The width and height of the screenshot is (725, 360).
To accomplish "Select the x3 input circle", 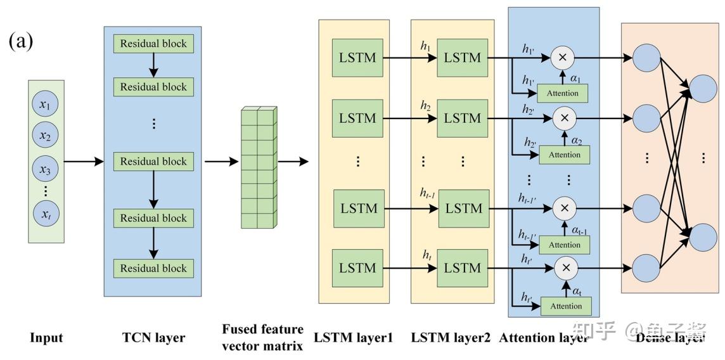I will pos(45,168).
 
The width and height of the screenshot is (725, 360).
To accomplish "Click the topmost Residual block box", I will pos(153,44).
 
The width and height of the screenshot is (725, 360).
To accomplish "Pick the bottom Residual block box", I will pos(153,268).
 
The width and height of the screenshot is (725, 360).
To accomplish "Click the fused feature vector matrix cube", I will pos(258,168).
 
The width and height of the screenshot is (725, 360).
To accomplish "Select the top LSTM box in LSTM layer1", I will pos(357,58).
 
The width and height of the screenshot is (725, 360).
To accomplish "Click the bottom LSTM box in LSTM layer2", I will pos(463,268).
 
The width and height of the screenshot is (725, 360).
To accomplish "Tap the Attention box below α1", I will pos(563,93).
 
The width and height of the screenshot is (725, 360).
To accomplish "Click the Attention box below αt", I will pos(565,306).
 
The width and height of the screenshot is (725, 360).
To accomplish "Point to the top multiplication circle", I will pos(562,58).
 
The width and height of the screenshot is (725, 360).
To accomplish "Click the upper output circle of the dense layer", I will pos(703,89).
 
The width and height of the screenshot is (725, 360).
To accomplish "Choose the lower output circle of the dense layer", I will pos(703,236).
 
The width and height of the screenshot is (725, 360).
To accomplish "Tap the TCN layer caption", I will pos(153,338).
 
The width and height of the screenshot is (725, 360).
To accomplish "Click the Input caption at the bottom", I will pos(46,338).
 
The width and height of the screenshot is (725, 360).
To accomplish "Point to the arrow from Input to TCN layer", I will pos(84,162).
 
